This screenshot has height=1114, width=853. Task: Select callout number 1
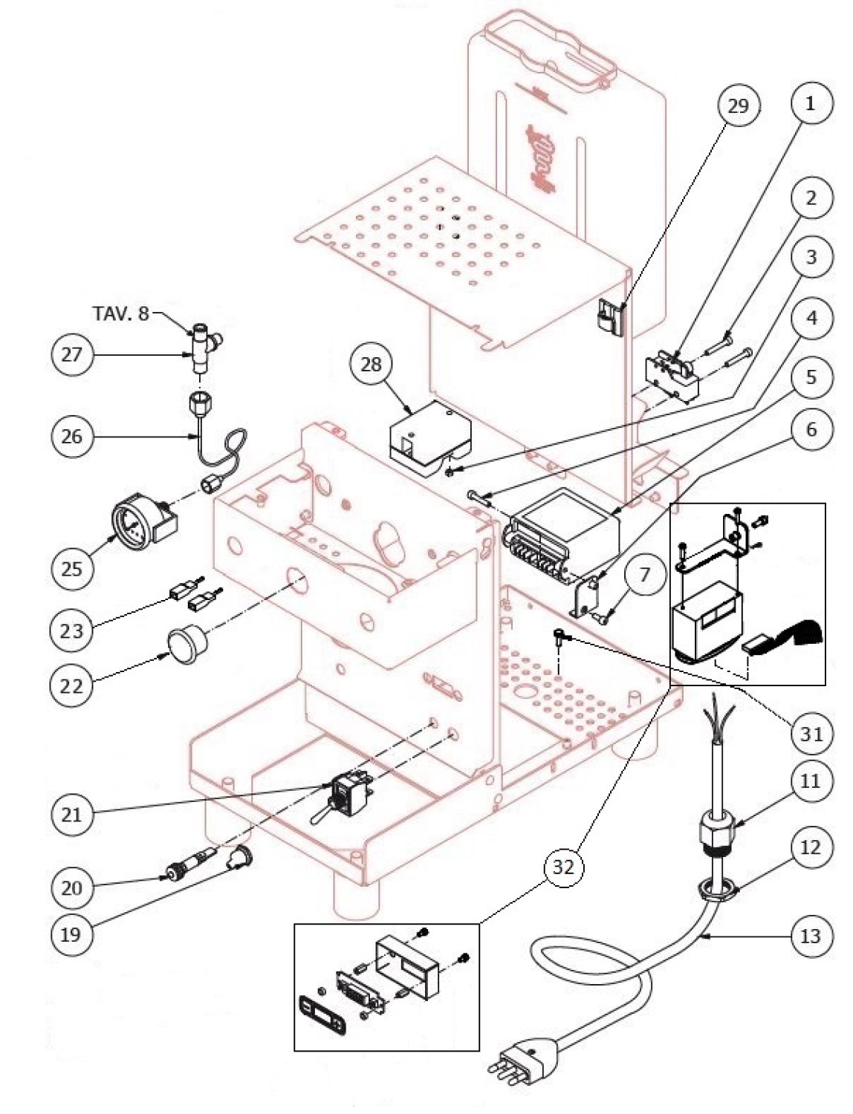[810, 102]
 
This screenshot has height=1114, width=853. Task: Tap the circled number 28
[371, 364]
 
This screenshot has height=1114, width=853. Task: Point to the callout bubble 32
[564, 866]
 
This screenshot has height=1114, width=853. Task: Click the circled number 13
[810, 936]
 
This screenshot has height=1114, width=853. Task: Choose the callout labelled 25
[72, 569]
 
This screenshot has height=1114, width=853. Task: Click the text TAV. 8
[120, 313]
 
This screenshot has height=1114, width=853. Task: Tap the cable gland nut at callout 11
[716, 827]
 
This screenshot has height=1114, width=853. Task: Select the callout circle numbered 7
[643, 574]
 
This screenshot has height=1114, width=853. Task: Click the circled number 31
[810, 734]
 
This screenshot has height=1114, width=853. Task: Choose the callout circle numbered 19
[71, 934]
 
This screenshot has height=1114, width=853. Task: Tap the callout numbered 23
[72, 631]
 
